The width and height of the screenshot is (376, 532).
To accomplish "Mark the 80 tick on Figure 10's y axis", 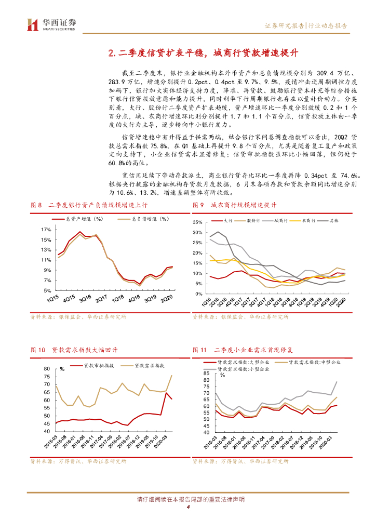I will point(46,369).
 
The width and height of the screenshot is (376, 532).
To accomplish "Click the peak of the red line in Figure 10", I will point(167,393).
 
